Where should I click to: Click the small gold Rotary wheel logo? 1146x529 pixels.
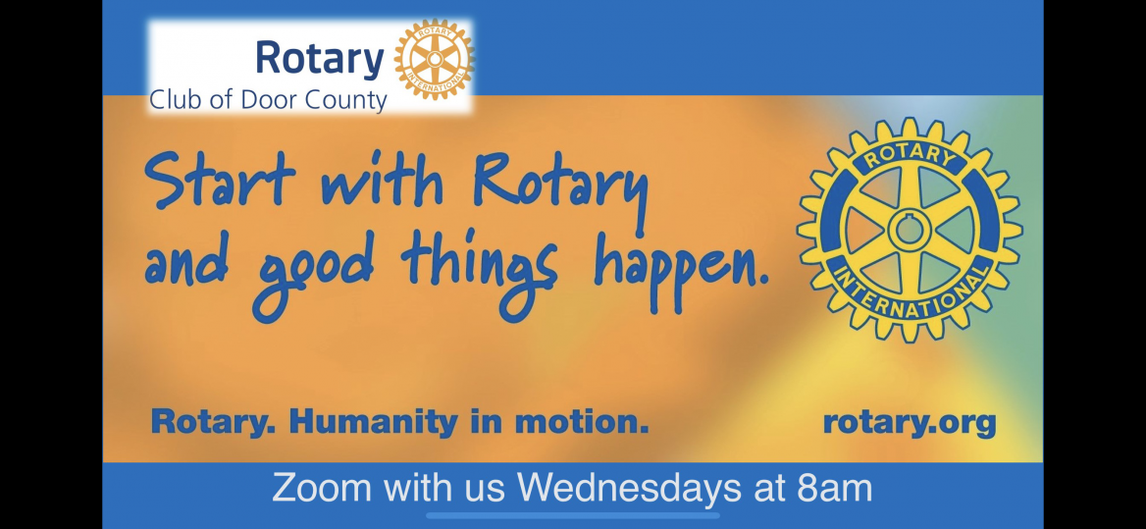click(x=434, y=59)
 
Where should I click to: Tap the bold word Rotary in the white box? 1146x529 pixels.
click(x=320, y=59)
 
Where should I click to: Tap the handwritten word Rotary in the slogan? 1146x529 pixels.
click(x=560, y=186)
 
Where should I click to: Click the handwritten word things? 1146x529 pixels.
click(x=479, y=270)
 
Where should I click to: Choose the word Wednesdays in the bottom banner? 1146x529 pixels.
click(x=630, y=488)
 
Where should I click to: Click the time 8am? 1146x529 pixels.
click(x=833, y=488)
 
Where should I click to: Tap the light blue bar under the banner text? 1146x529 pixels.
click(x=573, y=516)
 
